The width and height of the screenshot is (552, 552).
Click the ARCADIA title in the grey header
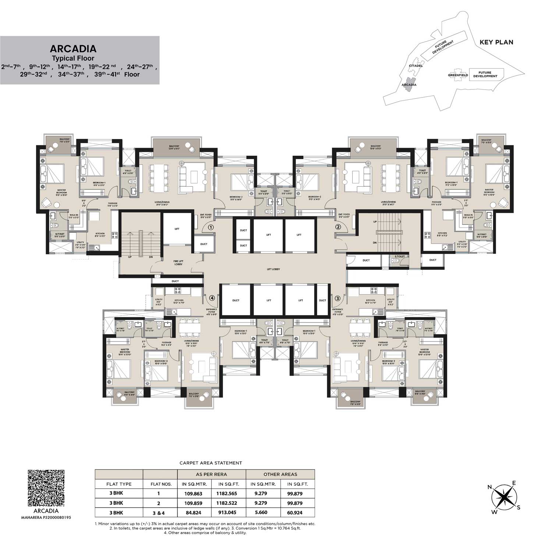tap(73, 49)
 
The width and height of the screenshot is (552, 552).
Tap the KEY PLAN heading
tap(496, 42)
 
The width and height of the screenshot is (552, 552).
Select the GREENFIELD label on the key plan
tap(458, 75)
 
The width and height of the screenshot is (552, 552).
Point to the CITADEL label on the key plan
tap(415, 66)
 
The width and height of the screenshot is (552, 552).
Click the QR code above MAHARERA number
tap(46, 488)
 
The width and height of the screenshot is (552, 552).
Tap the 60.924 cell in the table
tap(297, 512)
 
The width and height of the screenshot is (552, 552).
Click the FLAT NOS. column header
tap(162, 484)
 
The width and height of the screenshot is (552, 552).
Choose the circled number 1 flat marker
tap(210, 227)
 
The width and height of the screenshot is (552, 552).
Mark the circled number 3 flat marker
tap(337, 298)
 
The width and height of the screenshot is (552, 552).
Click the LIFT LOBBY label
tap(273, 269)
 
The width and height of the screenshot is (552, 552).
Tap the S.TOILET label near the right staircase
tap(400, 256)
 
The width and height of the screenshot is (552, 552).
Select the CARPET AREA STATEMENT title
tap(210, 463)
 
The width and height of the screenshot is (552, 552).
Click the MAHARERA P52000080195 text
tap(46, 517)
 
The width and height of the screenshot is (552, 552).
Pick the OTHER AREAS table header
tap(280, 474)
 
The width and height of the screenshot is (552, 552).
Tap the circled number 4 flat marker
tap(212, 298)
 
